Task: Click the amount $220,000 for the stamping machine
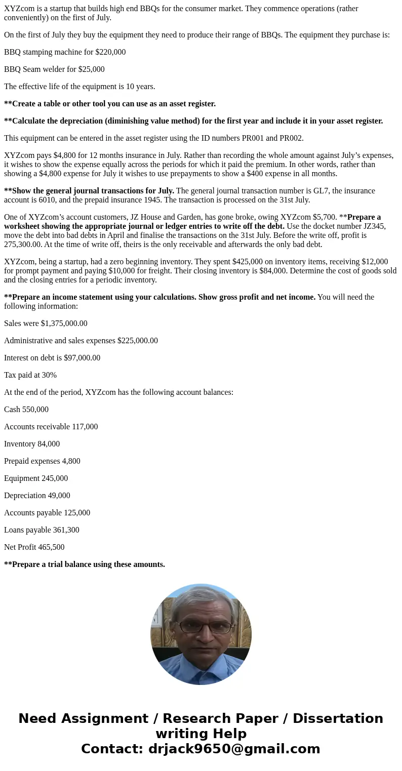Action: [x=110, y=52]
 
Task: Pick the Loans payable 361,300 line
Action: [x=42, y=530]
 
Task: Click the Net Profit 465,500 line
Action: [x=34, y=547]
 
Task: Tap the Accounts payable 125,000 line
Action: [x=47, y=513]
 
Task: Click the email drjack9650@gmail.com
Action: [x=234, y=749]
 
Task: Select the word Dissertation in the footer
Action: [x=338, y=719]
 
